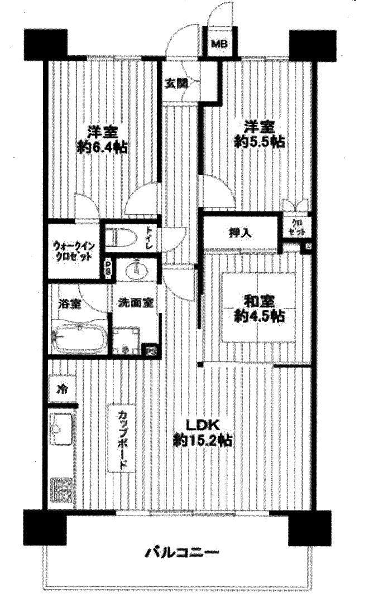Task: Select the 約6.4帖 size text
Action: point(102,148)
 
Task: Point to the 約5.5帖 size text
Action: point(259,142)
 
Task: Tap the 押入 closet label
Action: point(239,233)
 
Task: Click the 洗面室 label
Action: point(136,305)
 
